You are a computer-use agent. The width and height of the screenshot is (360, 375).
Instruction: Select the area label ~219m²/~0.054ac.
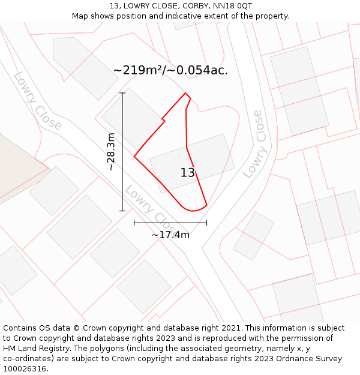170,70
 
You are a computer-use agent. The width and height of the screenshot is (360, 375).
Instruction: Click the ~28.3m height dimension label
111,152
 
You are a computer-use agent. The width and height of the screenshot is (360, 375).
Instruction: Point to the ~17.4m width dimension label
170,235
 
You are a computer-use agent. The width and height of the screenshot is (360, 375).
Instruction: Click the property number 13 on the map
188,173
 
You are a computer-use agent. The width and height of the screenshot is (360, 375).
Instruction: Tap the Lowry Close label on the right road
253,144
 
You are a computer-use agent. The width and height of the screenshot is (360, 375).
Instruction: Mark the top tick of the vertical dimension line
122,93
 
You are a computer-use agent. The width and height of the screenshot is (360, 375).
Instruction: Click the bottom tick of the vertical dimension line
122,211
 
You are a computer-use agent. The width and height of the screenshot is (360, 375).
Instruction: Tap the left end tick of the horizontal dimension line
134,223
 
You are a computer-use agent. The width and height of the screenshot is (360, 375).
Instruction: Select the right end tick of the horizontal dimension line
206,223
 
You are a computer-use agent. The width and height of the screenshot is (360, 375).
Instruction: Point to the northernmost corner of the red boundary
185,93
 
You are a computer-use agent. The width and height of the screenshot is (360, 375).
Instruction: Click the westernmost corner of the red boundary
134,157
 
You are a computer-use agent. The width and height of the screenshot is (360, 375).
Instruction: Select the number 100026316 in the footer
25,368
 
